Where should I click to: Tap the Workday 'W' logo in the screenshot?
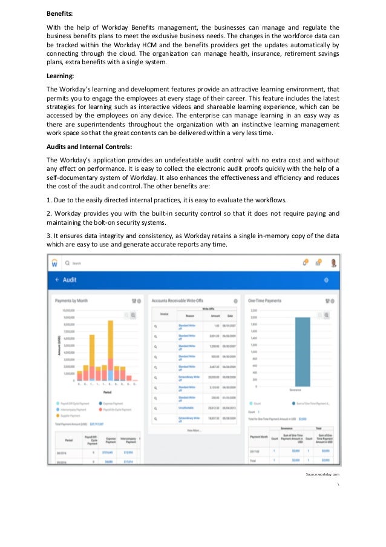54,264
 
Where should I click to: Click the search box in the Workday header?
77,264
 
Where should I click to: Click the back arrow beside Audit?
57,280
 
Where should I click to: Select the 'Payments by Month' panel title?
72,300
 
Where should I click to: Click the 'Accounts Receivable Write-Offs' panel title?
178,300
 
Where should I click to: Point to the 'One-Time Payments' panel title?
264,300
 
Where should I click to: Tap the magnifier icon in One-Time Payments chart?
327,315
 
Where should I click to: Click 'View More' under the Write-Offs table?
193,429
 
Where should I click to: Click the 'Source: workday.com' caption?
322,474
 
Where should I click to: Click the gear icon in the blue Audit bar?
326,280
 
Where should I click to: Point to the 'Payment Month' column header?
260,437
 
